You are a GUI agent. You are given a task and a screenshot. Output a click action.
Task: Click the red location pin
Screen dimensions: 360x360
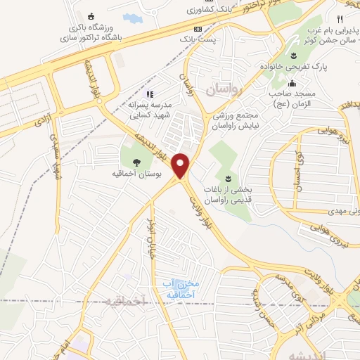182,166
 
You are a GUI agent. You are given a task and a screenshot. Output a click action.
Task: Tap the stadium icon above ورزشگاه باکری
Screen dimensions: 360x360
89,17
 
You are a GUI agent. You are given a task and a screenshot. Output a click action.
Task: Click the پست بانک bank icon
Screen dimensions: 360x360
198,30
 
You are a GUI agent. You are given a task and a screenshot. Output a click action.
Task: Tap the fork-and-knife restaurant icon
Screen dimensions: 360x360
340,19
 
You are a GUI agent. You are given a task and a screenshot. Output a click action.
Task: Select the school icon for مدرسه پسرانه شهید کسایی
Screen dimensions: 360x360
148,94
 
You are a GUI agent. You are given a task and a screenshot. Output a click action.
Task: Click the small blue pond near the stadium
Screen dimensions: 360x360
131,16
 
